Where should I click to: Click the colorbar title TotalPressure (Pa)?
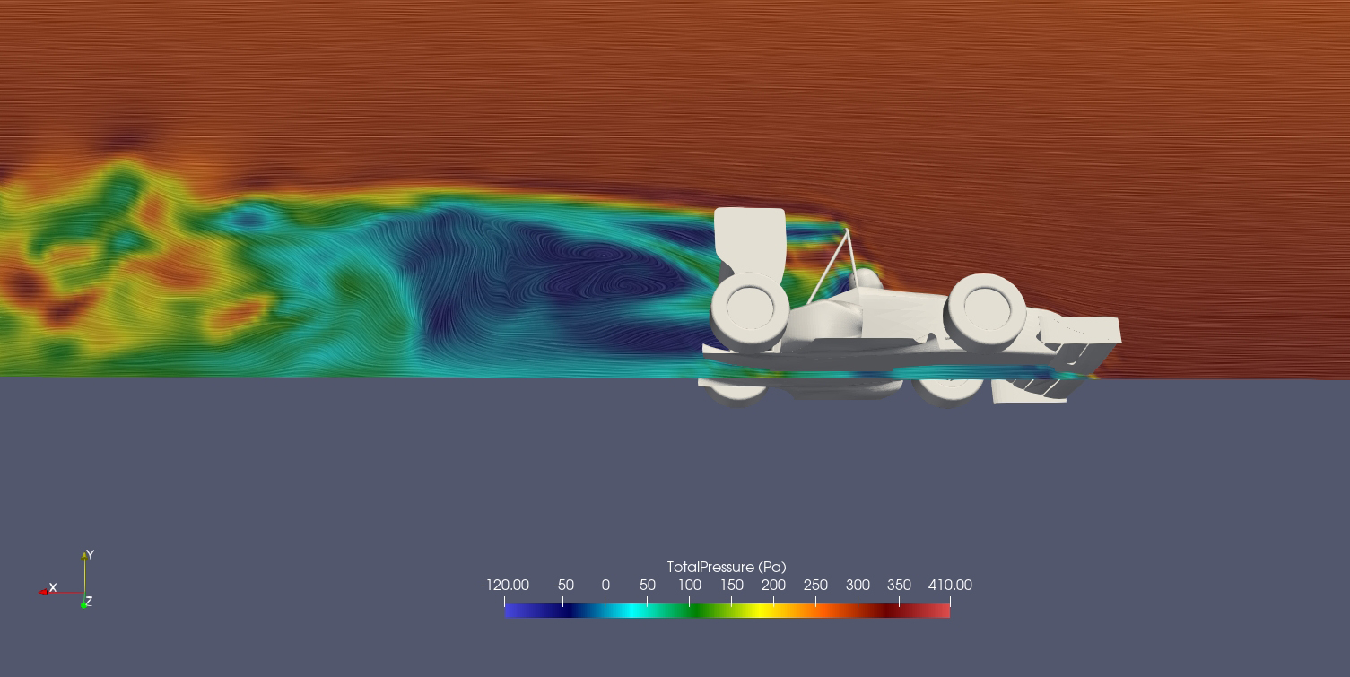pos(727,568)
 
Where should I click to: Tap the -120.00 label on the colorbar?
pos(505,585)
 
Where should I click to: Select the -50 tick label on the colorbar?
pos(563,585)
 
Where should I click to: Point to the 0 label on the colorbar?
pos(605,585)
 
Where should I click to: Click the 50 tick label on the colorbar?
pos(648,585)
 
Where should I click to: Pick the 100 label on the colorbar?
pos(690,585)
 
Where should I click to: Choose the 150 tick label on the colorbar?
pos(732,585)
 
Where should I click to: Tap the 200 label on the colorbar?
pos(773,585)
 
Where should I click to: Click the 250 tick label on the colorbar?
pos(815,585)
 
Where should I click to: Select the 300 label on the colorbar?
pos(858,585)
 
